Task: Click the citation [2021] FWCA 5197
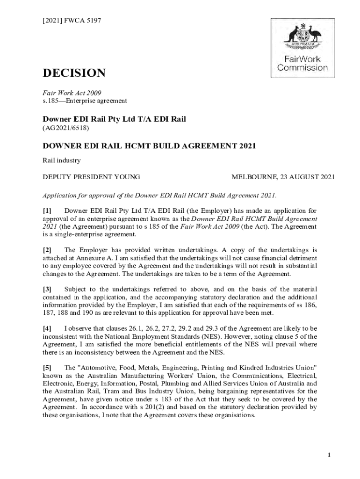pyautogui.click(x=72, y=21)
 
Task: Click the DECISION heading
pyautogui.click(x=74, y=73)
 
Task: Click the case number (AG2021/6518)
pyautogui.click(x=66, y=127)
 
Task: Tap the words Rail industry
pyautogui.click(x=62, y=161)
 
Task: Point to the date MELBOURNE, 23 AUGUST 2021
pyautogui.click(x=283, y=177)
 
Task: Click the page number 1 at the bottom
pyautogui.click(x=329, y=456)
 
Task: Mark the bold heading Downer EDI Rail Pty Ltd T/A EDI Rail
pyautogui.click(x=115, y=119)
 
